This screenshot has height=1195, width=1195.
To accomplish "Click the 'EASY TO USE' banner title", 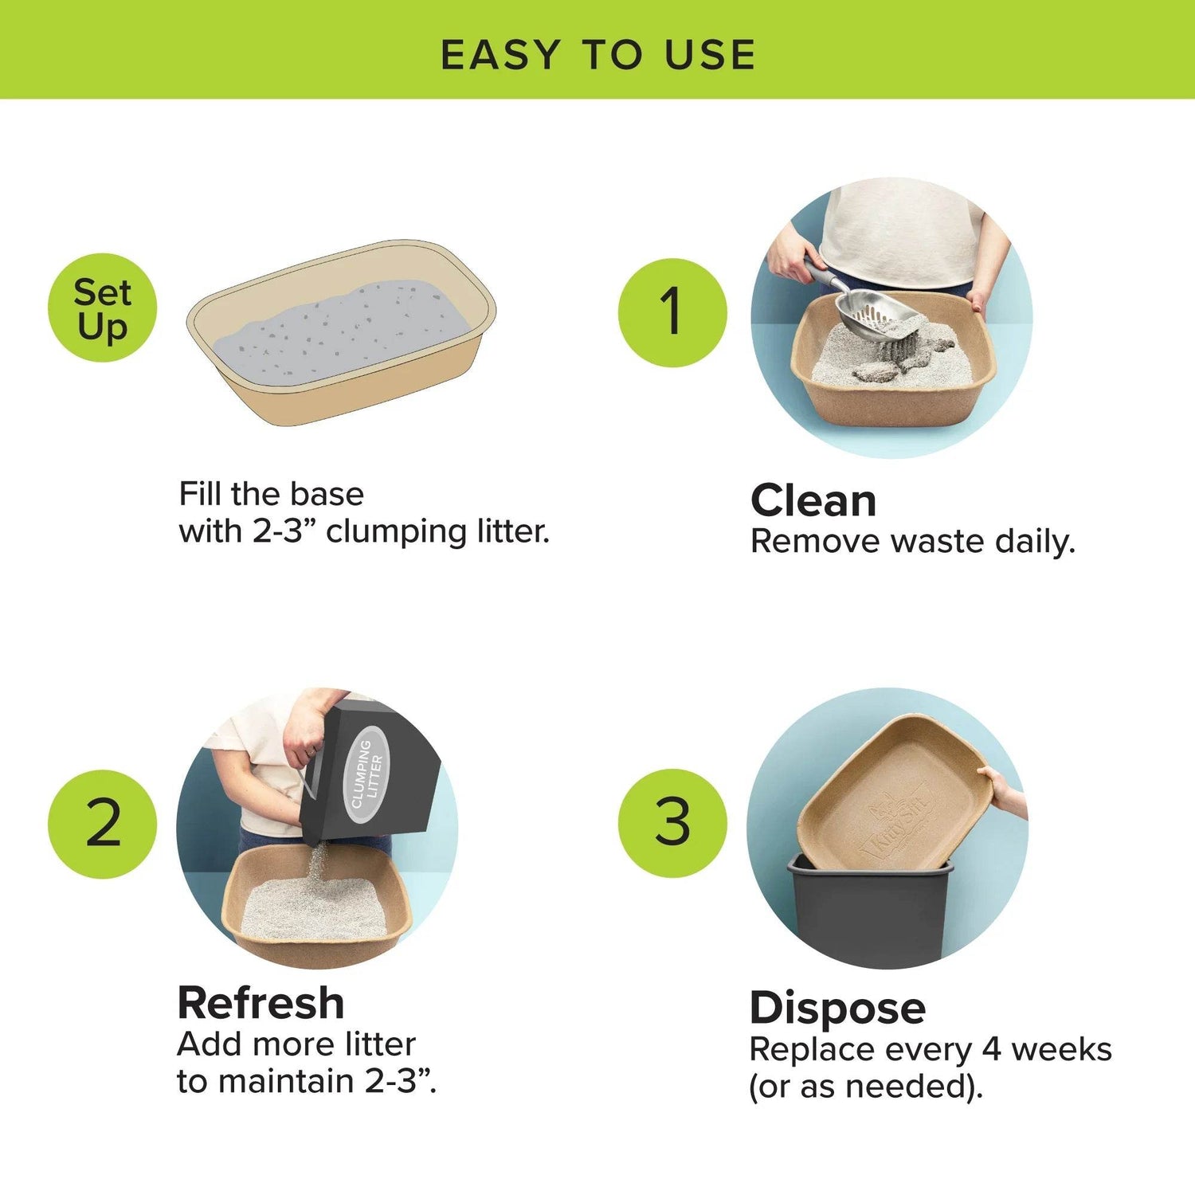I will coord(597,54).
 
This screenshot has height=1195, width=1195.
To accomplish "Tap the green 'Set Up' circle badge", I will coord(102,308).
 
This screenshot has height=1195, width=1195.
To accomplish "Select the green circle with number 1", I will coord(672,311).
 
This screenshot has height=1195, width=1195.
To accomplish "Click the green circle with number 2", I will coord(102,824).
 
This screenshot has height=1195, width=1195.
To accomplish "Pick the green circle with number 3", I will coord(672,822).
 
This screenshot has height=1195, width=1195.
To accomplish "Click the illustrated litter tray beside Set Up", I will coord(341,333).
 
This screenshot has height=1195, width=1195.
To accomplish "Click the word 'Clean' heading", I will coord(813,501).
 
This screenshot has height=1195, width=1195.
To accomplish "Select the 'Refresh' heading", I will coord(261,1003).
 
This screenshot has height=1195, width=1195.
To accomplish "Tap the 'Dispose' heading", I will coord(837,1008).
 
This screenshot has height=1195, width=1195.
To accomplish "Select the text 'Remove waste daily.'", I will coord(912,542).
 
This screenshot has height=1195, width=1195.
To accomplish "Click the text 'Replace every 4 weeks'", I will coord(930,1049).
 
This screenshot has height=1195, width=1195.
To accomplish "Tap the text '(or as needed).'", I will coord(865,1087).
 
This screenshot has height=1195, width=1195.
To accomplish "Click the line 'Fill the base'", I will coord(271,494).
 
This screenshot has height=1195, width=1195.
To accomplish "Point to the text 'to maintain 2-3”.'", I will coord(306,1081).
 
